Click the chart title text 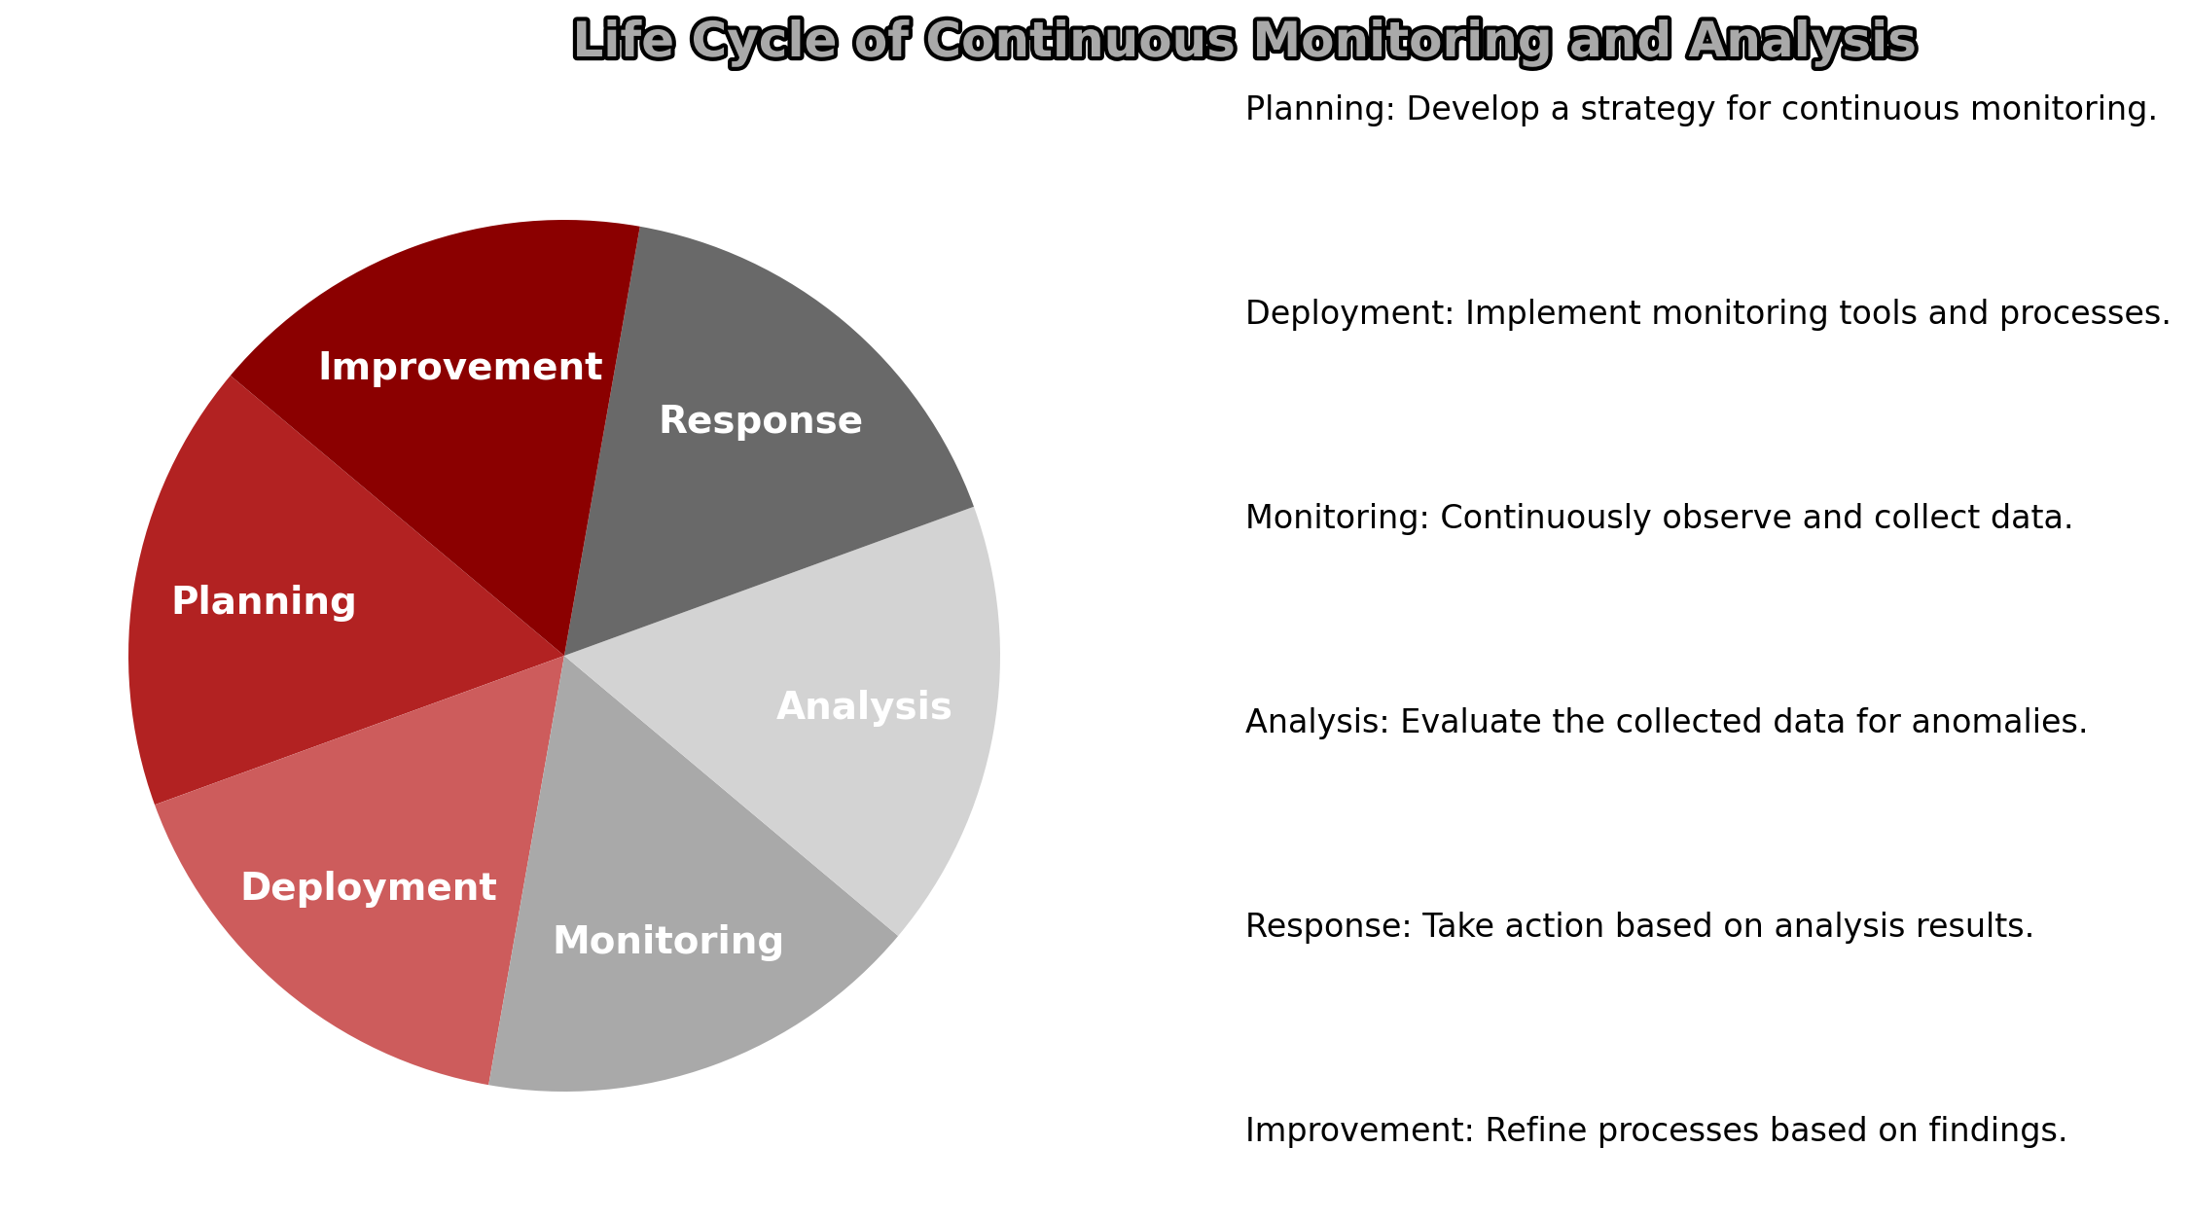tap(1244, 42)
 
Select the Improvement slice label tap(460, 368)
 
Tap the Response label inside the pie tap(761, 421)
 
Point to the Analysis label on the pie tap(864, 707)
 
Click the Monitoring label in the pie tap(668, 942)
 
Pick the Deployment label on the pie tap(369, 888)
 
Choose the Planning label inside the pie tap(264, 602)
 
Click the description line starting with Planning tap(1702, 110)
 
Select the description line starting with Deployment tap(1708, 314)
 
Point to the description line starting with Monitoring tap(1659, 519)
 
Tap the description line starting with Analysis tap(1667, 723)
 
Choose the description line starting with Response tap(1639, 927)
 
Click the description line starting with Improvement tap(1656, 1131)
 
